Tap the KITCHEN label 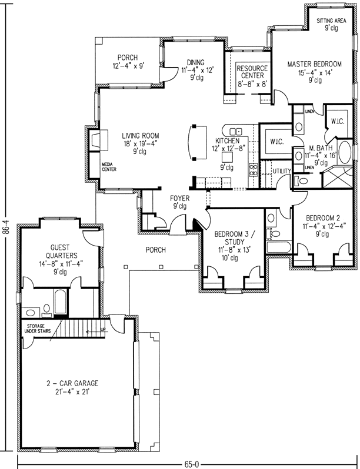tap(226, 142)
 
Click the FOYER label tap(180, 198)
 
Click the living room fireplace tap(94, 141)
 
